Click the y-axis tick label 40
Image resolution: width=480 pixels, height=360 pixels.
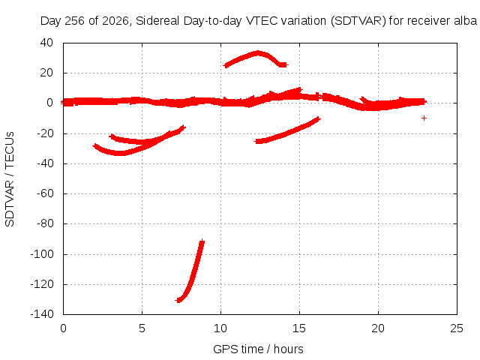point(46,43)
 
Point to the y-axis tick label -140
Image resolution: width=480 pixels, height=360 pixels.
point(42,313)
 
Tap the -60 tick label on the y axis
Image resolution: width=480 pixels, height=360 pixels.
point(45,193)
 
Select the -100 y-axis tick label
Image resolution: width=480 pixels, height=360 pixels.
point(42,253)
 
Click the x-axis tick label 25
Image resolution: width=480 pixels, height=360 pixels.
point(457,328)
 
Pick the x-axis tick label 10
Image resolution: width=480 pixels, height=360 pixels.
point(220,328)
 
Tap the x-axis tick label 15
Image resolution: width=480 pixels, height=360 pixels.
point(299,328)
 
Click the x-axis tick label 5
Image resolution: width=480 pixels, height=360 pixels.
point(142,328)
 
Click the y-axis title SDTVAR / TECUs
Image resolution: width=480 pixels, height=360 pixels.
point(10,179)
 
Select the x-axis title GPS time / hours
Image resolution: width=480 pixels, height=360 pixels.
point(258,349)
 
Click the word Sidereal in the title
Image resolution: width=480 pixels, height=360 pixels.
point(157,21)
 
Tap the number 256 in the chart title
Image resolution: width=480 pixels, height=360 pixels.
point(75,21)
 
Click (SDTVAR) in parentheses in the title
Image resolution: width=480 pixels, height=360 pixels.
point(358,21)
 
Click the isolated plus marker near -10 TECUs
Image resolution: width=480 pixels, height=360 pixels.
point(424,118)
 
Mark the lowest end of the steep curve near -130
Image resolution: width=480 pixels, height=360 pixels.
point(178,300)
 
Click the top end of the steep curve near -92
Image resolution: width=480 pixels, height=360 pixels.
point(202,242)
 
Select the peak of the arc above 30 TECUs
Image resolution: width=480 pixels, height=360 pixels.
point(258,53)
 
